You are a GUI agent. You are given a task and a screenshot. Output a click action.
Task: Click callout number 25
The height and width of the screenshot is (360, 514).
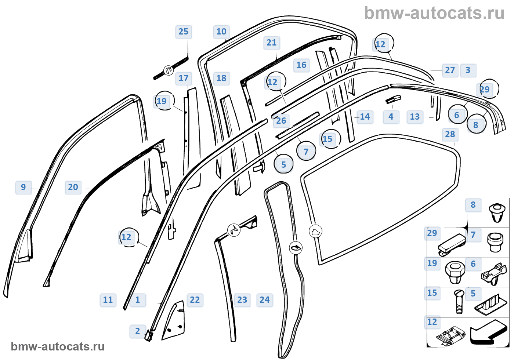tap(183, 32)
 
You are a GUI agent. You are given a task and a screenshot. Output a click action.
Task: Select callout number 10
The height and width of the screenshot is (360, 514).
tap(221, 32)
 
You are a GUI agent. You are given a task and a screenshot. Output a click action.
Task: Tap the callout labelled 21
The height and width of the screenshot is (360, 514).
tap(272, 43)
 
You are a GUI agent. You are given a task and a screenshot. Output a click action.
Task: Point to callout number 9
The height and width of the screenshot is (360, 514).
tap(23, 187)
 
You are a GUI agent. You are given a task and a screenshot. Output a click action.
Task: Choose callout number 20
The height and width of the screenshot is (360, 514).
tap(73, 187)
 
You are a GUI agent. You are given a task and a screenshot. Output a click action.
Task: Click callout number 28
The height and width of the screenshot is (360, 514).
tap(450, 135)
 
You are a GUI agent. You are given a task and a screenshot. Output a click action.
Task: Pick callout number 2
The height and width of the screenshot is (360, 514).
tap(138, 331)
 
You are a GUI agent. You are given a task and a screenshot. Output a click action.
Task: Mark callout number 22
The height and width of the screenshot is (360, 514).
tap(195, 300)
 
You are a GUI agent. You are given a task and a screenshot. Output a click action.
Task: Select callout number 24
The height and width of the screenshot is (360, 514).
tap(265, 300)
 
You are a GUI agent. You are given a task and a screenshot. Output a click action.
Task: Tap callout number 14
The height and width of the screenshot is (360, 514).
tap(365, 117)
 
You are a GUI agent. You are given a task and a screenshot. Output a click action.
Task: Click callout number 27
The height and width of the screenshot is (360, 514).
tap(450, 70)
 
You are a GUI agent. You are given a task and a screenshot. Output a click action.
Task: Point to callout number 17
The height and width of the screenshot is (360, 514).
tap(184, 78)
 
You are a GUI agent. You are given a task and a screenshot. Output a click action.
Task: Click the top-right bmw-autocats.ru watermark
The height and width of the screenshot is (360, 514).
tap(434, 13)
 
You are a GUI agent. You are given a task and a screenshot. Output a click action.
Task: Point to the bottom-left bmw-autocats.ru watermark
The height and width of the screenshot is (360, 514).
tap(58, 346)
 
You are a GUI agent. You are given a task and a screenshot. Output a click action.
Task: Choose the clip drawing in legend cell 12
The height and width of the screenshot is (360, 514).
tap(450, 336)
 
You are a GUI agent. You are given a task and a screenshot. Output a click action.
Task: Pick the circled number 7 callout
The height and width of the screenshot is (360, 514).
tap(306, 152)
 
